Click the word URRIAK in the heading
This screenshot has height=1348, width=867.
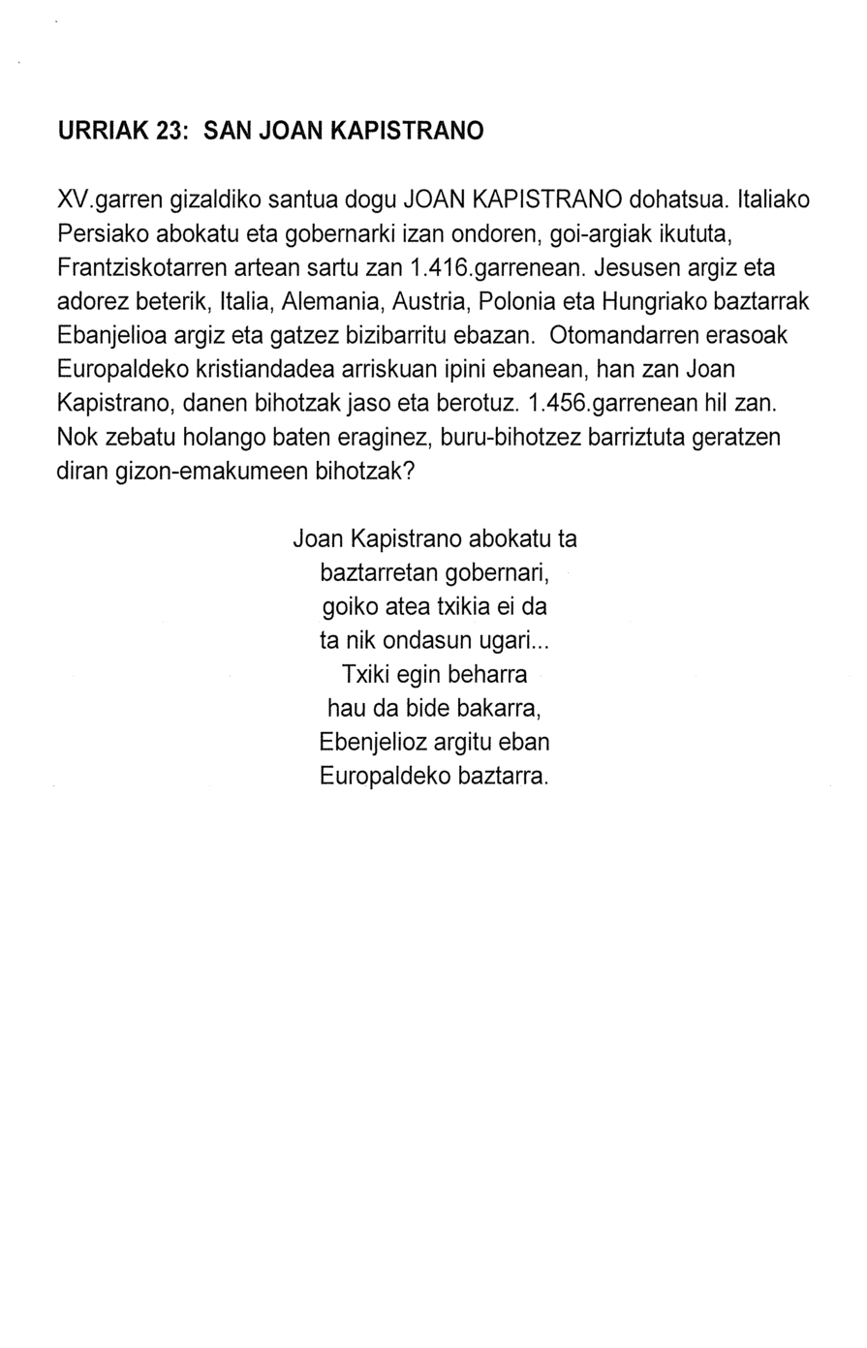pos(103,131)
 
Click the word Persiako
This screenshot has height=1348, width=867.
pos(102,235)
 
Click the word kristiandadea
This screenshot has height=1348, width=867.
pos(262,369)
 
